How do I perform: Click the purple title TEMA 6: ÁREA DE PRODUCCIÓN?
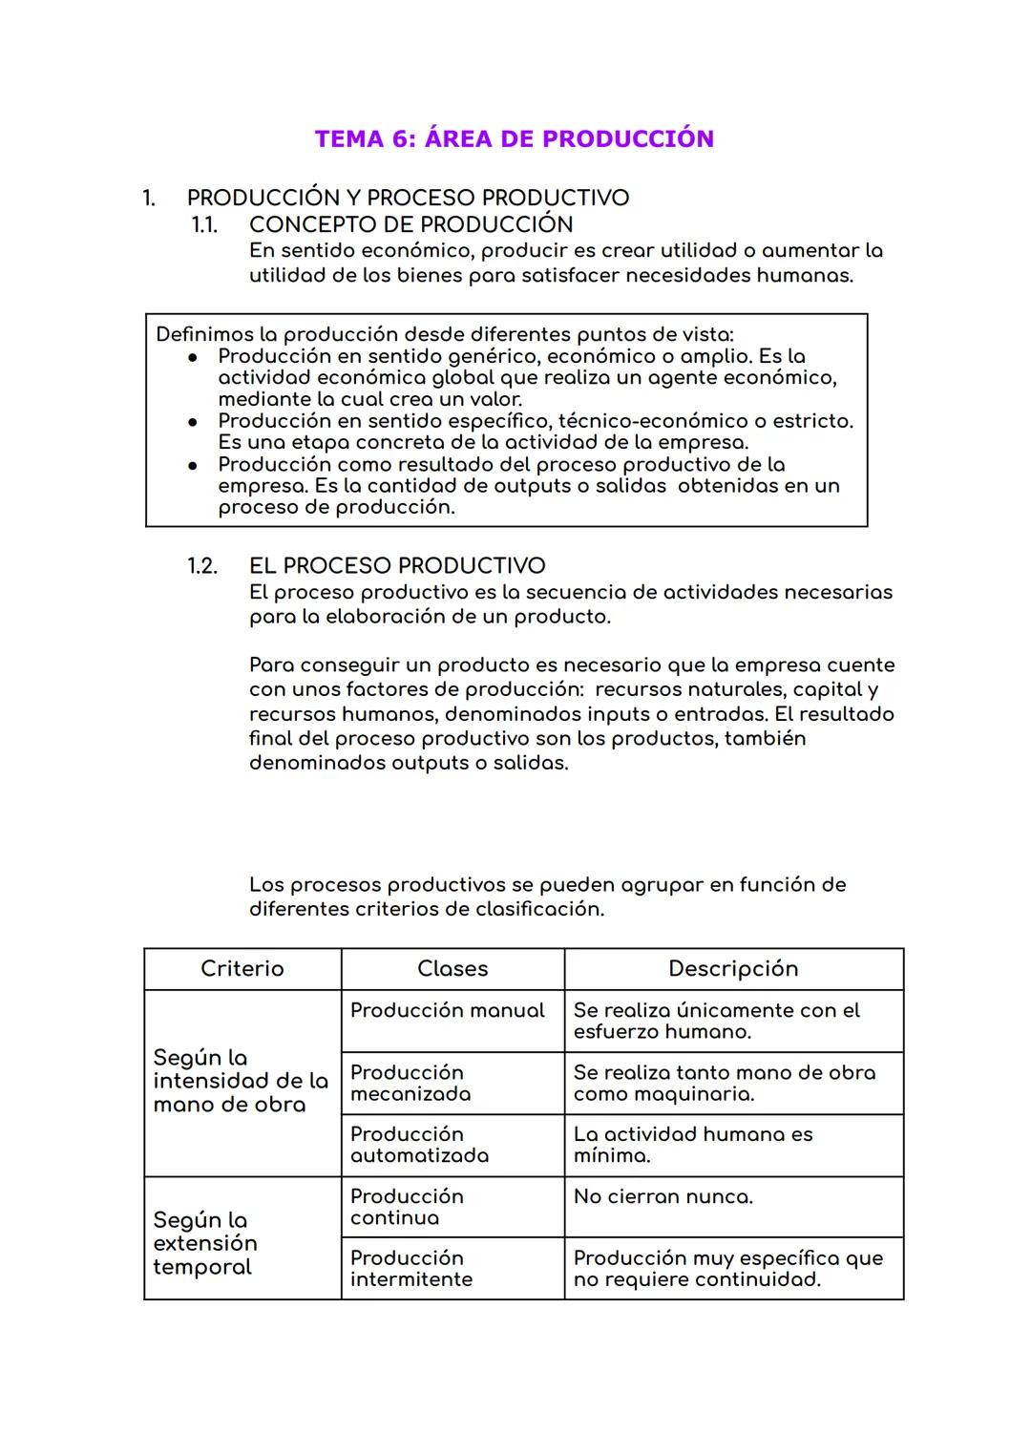point(515,139)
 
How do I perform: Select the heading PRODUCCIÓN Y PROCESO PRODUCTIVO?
point(408,198)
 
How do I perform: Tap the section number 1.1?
point(204,224)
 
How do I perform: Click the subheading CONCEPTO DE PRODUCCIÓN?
point(410,224)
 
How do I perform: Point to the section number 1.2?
point(202,566)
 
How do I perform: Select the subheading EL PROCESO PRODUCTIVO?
point(397,566)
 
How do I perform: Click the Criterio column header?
point(242,969)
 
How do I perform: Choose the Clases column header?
point(452,969)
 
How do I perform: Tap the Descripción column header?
point(733,969)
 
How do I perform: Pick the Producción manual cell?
point(447,1011)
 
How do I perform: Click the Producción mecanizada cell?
point(410,1084)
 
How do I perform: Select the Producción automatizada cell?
point(419,1145)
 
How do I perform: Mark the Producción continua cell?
point(407,1207)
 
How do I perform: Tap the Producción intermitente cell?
point(411,1269)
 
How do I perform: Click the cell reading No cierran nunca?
point(663,1197)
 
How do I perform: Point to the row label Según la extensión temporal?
point(205,1243)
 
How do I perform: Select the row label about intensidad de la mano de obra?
point(241,1082)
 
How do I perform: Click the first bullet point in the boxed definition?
point(193,357)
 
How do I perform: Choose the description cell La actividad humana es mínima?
point(693,1145)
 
